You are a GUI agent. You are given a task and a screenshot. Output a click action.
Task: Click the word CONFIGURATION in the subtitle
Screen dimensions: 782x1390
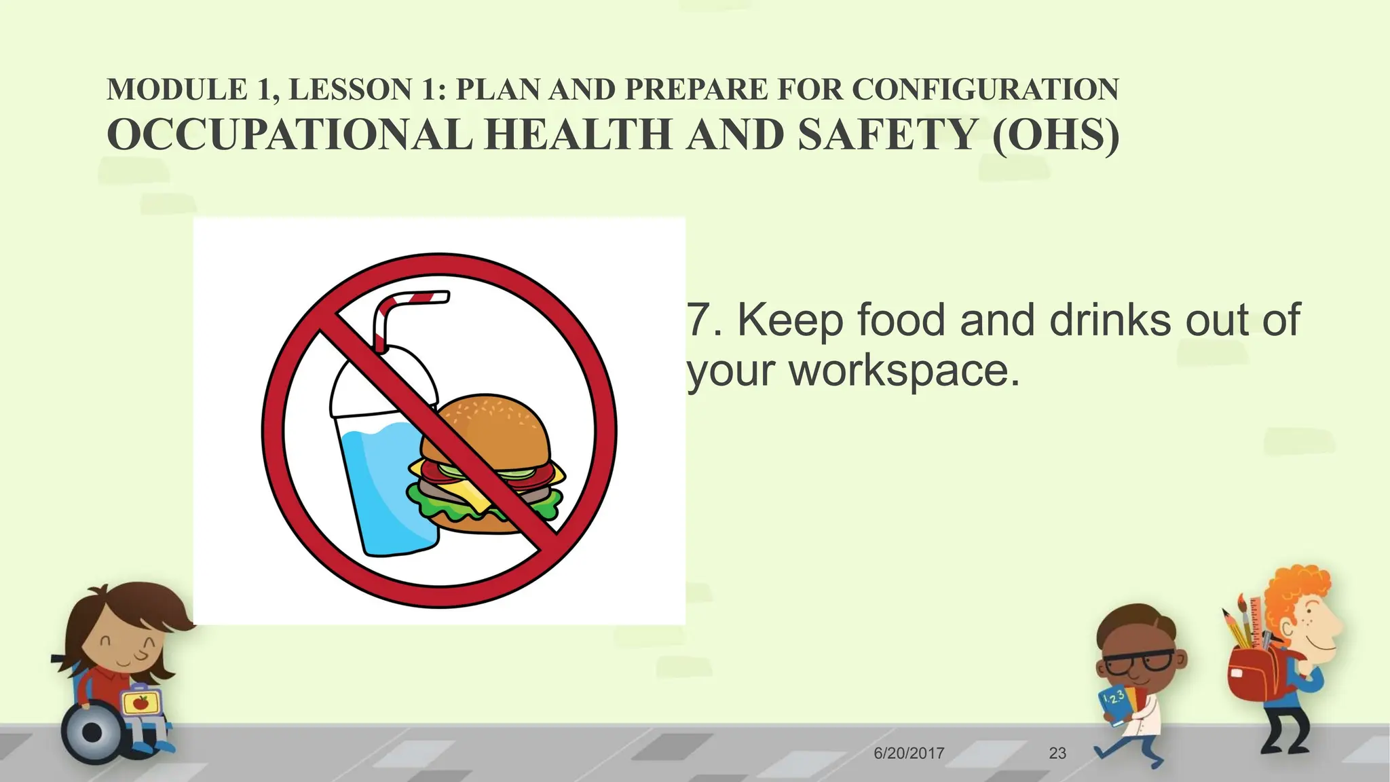pyautogui.click(x=985, y=90)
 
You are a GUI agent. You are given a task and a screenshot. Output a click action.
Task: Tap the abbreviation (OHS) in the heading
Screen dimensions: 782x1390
pyautogui.click(x=1055, y=134)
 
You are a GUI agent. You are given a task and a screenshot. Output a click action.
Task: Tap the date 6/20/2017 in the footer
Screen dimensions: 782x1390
pyautogui.click(x=909, y=753)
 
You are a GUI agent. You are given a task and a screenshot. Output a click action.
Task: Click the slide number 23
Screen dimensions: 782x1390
pyautogui.click(x=1057, y=753)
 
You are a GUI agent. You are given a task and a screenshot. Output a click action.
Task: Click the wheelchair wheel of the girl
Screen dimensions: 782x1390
pyautogui.click(x=91, y=733)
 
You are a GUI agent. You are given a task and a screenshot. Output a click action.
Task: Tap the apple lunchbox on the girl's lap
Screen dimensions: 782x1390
pyautogui.click(x=140, y=702)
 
